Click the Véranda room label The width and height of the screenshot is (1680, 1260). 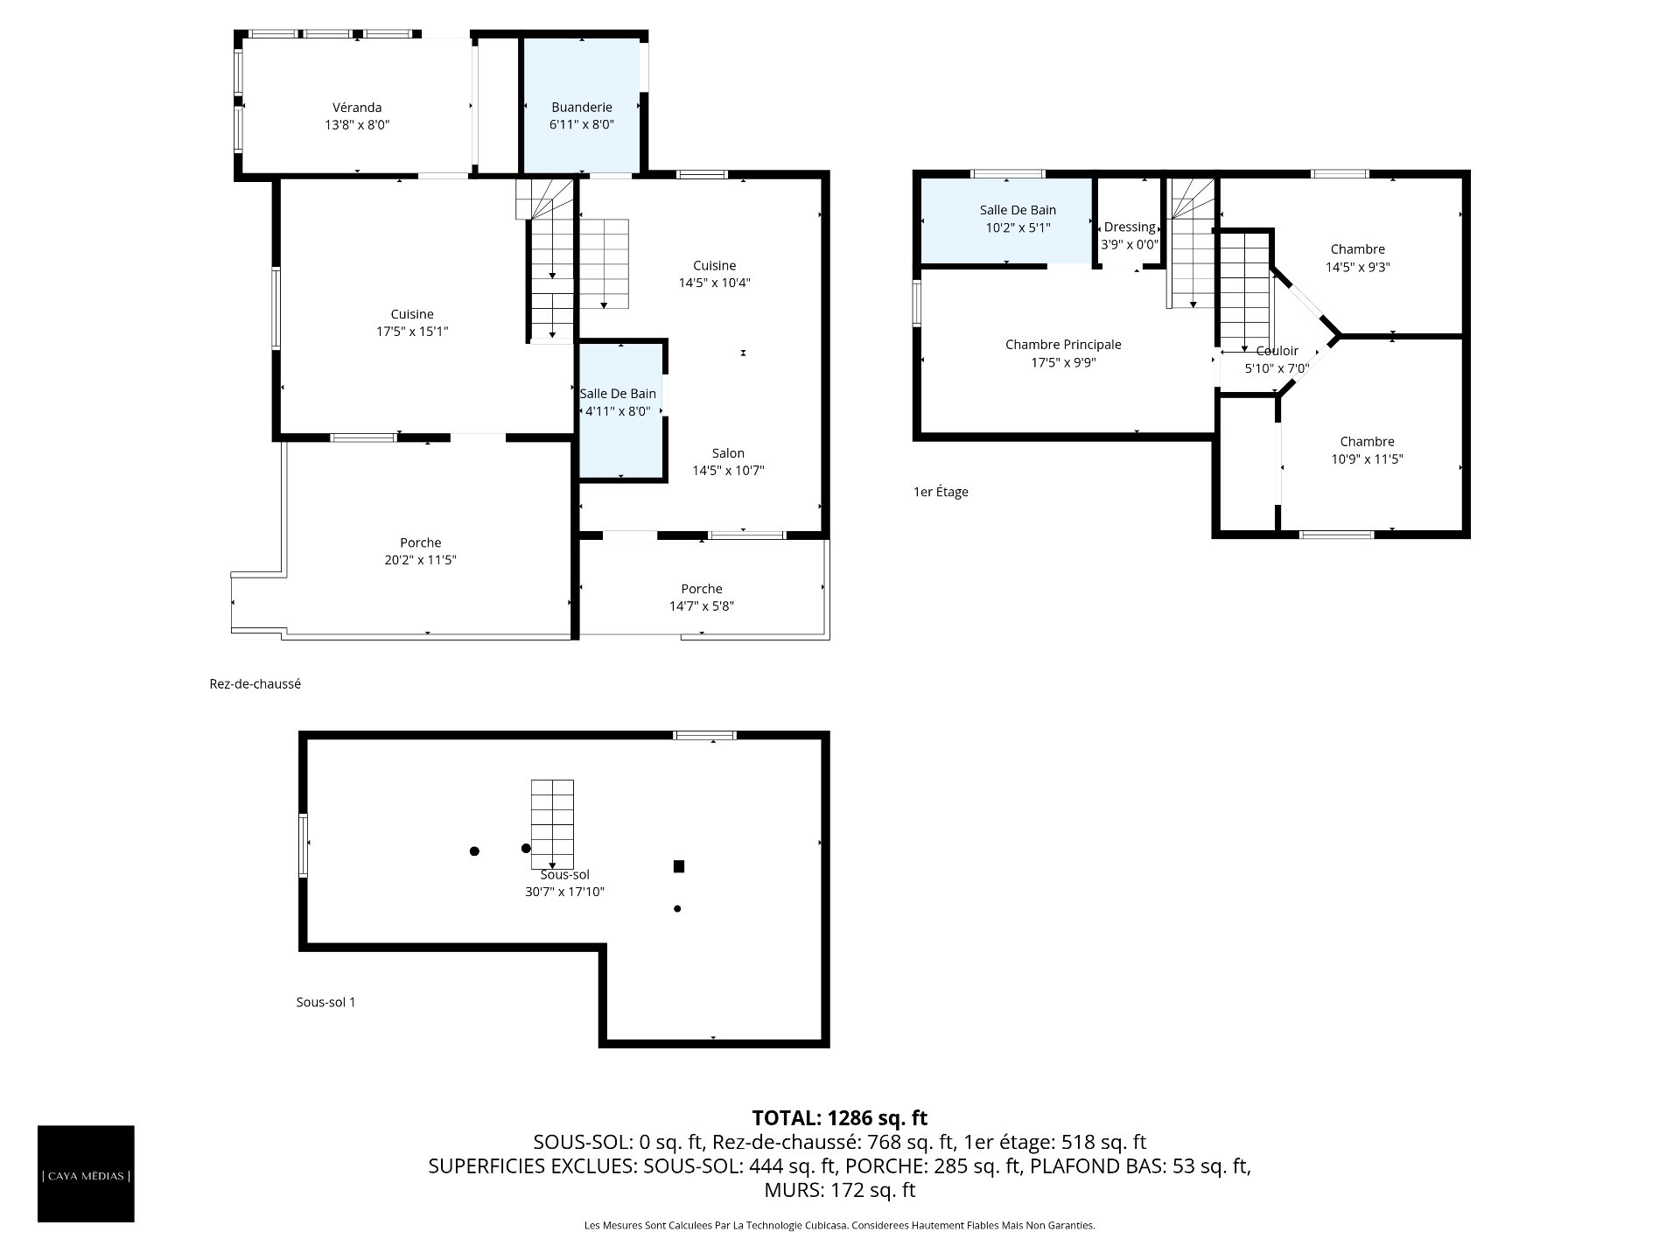pyautogui.click(x=357, y=116)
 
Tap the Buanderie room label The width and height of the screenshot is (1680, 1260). pyautogui.click(x=582, y=116)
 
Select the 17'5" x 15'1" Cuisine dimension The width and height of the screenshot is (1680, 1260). pyautogui.click(x=412, y=332)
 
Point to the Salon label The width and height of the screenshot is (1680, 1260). pyautogui.click(x=728, y=453)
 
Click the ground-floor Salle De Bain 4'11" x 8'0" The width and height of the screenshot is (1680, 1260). pyautogui.click(x=618, y=402)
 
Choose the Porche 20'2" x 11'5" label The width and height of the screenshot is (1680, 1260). pyautogui.click(x=421, y=551)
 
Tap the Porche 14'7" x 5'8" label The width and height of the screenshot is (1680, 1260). pyautogui.click(x=702, y=598)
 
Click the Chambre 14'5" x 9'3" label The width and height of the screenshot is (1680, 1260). pyautogui.click(x=1358, y=258)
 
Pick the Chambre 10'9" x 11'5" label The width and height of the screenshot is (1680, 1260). pyautogui.click(x=1368, y=451)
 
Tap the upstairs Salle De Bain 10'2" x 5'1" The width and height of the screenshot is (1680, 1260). pyautogui.click(x=1018, y=219)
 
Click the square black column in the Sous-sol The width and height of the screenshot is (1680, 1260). pyautogui.click(x=679, y=866)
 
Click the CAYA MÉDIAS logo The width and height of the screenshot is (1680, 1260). pyautogui.click(x=86, y=1173)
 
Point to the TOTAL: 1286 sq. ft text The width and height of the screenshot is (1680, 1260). pyautogui.click(x=840, y=1117)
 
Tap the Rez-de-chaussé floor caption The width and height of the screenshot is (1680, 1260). pyautogui.click(x=255, y=684)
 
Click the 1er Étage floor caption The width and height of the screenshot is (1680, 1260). pyautogui.click(x=941, y=492)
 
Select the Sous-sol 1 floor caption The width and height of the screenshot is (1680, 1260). pyautogui.click(x=325, y=1002)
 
